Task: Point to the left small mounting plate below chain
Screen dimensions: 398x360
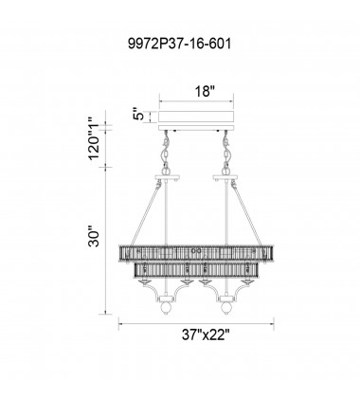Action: click(x=170, y=176)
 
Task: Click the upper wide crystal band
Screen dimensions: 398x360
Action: click(x=197, y=255)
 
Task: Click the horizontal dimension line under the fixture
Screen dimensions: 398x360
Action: click(x=197, y=322)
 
